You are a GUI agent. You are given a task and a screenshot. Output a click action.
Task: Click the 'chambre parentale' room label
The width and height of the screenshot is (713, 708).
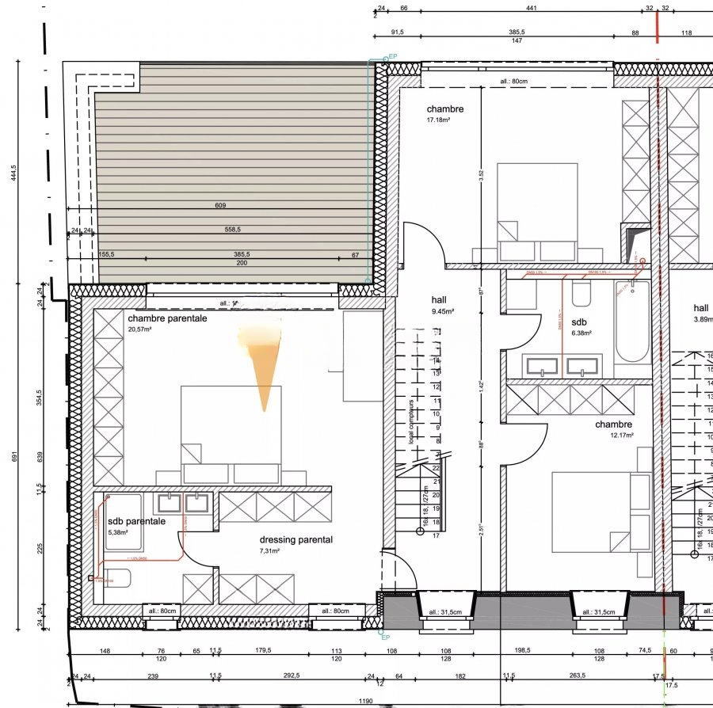tap(167, 318)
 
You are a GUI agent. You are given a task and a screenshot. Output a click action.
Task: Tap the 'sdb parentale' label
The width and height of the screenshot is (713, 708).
tap(136, 522)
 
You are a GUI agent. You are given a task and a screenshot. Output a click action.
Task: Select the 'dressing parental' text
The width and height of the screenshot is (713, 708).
tap(295, 540)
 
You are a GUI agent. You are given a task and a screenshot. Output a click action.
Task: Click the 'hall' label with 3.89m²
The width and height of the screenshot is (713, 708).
tap(701, 308)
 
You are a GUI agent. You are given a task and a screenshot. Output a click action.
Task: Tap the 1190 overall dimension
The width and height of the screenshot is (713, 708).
tap(364, 702)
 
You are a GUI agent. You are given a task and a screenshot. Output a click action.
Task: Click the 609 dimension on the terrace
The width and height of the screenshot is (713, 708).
tap(220, 206)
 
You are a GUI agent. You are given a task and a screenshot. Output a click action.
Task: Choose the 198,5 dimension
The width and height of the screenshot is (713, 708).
tap(520, 650)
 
